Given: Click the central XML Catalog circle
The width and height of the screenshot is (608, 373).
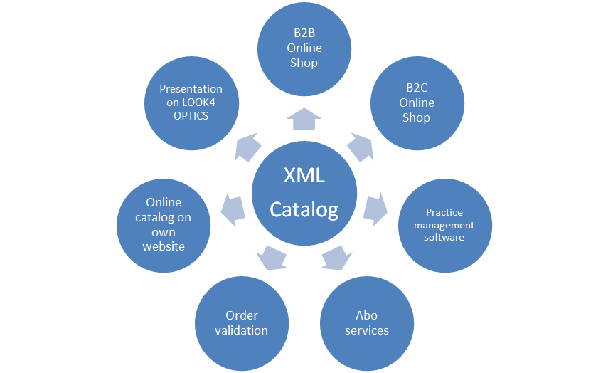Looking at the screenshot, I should point(304,192).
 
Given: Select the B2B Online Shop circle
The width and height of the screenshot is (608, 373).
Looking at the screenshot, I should point(304,49).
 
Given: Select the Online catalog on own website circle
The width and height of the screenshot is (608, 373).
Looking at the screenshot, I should point(164,224).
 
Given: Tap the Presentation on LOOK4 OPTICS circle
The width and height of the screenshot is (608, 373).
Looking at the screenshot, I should point(191,103).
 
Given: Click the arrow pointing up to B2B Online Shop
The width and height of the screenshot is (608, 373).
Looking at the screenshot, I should point(304,119).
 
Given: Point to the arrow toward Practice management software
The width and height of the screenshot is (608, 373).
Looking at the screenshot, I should point(375,207).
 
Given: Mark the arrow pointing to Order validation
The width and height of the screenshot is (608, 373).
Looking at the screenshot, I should point(271,257).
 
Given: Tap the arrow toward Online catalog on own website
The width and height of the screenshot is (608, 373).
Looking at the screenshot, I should point(233,207).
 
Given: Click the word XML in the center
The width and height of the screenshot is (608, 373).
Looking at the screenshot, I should point(304,175).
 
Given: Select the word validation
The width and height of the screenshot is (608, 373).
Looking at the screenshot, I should point(242,330).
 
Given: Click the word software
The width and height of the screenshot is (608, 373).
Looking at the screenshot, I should point(444,237).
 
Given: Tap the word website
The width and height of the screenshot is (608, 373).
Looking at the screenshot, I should point(164,246).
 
